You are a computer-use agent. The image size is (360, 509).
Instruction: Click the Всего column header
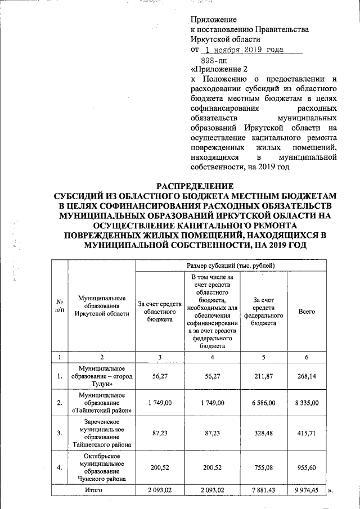click(x=307, y=311)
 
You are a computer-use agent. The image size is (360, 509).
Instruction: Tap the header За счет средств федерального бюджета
click(x=263, y=312)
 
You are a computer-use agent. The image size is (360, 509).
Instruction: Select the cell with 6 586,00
click(x=263, y=403)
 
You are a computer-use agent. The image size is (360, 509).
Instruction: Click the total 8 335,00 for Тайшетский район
click(x=307, y=403)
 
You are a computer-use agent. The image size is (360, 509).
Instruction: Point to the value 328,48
click(x=263, y=434)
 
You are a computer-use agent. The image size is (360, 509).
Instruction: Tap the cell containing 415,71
click(x=307, y=434)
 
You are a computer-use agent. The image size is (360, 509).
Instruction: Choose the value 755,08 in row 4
click(x=263, y=466)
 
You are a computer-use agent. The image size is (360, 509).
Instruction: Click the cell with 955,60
click(x=307, y=466)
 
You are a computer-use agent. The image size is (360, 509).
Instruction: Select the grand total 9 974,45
click(x=307, y=490)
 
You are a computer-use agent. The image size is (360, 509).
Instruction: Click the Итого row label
click(x=102, y=490)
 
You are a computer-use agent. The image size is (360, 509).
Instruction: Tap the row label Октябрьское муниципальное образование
click(x=102, y=466)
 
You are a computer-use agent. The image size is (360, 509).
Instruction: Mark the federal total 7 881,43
click(x=263, y=490)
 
